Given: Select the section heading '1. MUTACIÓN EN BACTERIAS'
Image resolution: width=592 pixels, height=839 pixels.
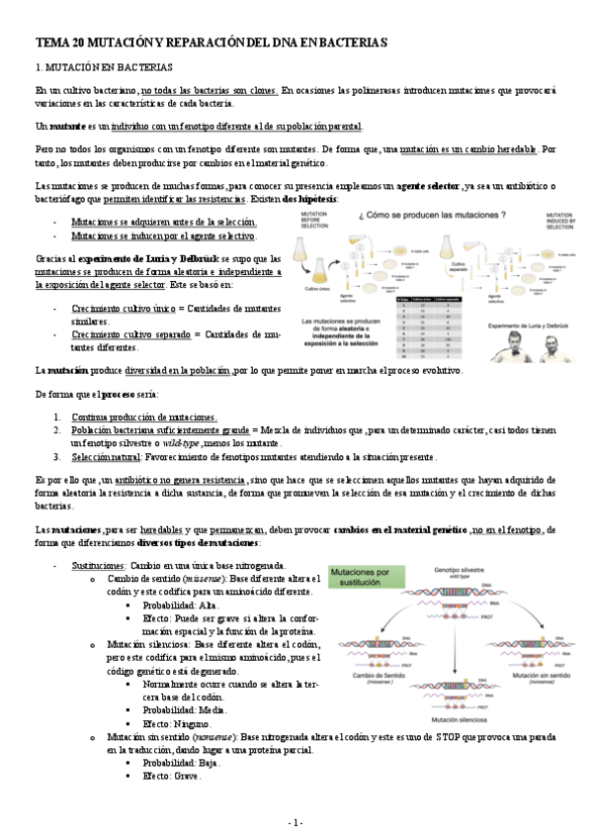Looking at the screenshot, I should pyautogui.click(x=105, y=67).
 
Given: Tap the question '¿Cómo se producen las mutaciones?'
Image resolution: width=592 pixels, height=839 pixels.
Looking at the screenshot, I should pyautogui.click(x=429, y=215).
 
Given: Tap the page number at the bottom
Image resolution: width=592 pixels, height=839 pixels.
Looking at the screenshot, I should pyautogui.click(x=296, y=822).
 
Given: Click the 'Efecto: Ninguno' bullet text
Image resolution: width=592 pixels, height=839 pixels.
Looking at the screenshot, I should pyautogui.click(x=179, y=723).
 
